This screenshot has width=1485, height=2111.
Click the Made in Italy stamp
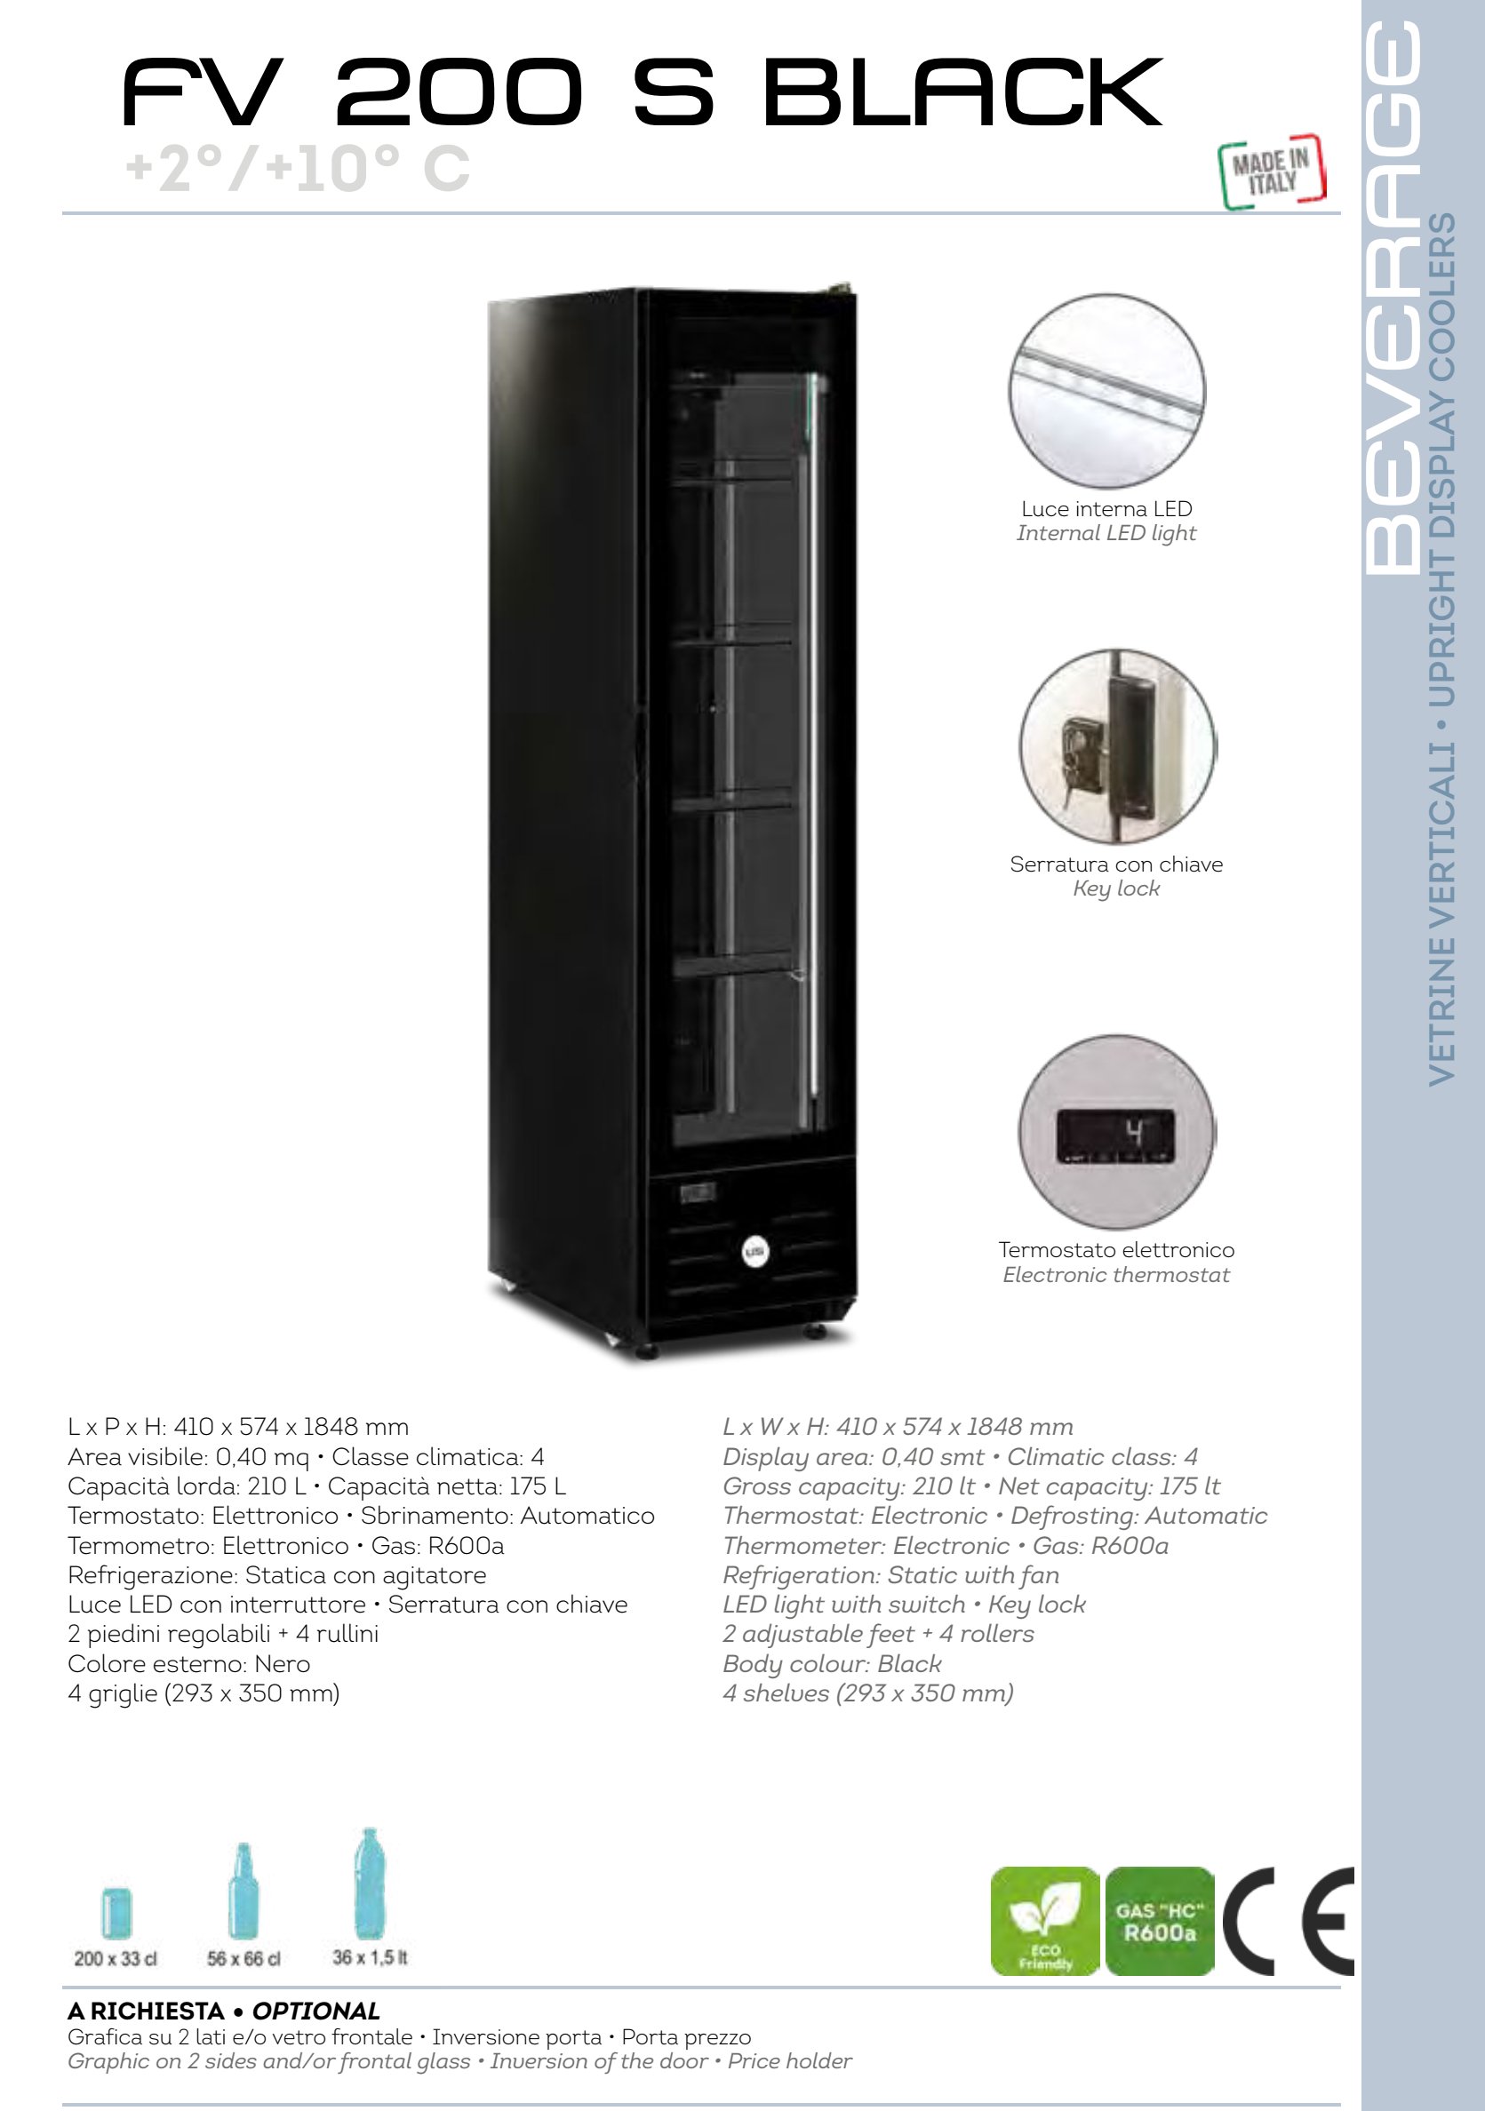pyautogui.click(x=1273, y=172)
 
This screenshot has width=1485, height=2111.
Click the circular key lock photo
pyautogui.click(x=1117, y=746)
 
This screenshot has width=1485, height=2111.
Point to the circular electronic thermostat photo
pyautogui.click(x=1117, y=1133)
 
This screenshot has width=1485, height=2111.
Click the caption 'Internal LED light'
pyautogui.click(x=1106, y=533)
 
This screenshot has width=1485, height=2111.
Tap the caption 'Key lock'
pyautogui.click(x=1116, y=889)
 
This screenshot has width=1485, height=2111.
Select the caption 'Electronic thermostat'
pyautogui.click(x=1116, y=1275)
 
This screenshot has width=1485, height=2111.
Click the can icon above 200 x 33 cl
pyautogui.click(x=116, y=1912)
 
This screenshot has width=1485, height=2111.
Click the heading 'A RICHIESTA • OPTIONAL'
pyautogui.click(x=223, y=2011)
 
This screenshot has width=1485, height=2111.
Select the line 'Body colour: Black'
pyautogui.click(x=832, y=1664)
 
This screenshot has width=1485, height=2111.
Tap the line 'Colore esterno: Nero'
pyautogui.click(x=188, y=1664)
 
